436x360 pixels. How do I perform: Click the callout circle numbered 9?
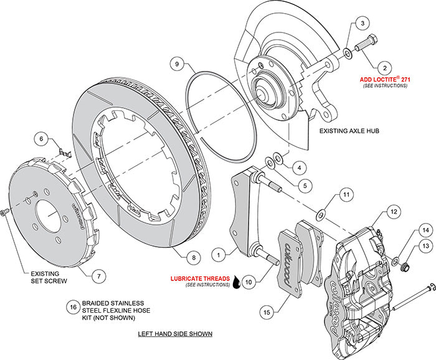click(x=177, y=64)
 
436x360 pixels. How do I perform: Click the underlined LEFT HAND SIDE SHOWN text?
click(x=175, y=334)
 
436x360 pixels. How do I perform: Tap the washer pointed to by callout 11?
click(x=319, y=215)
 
